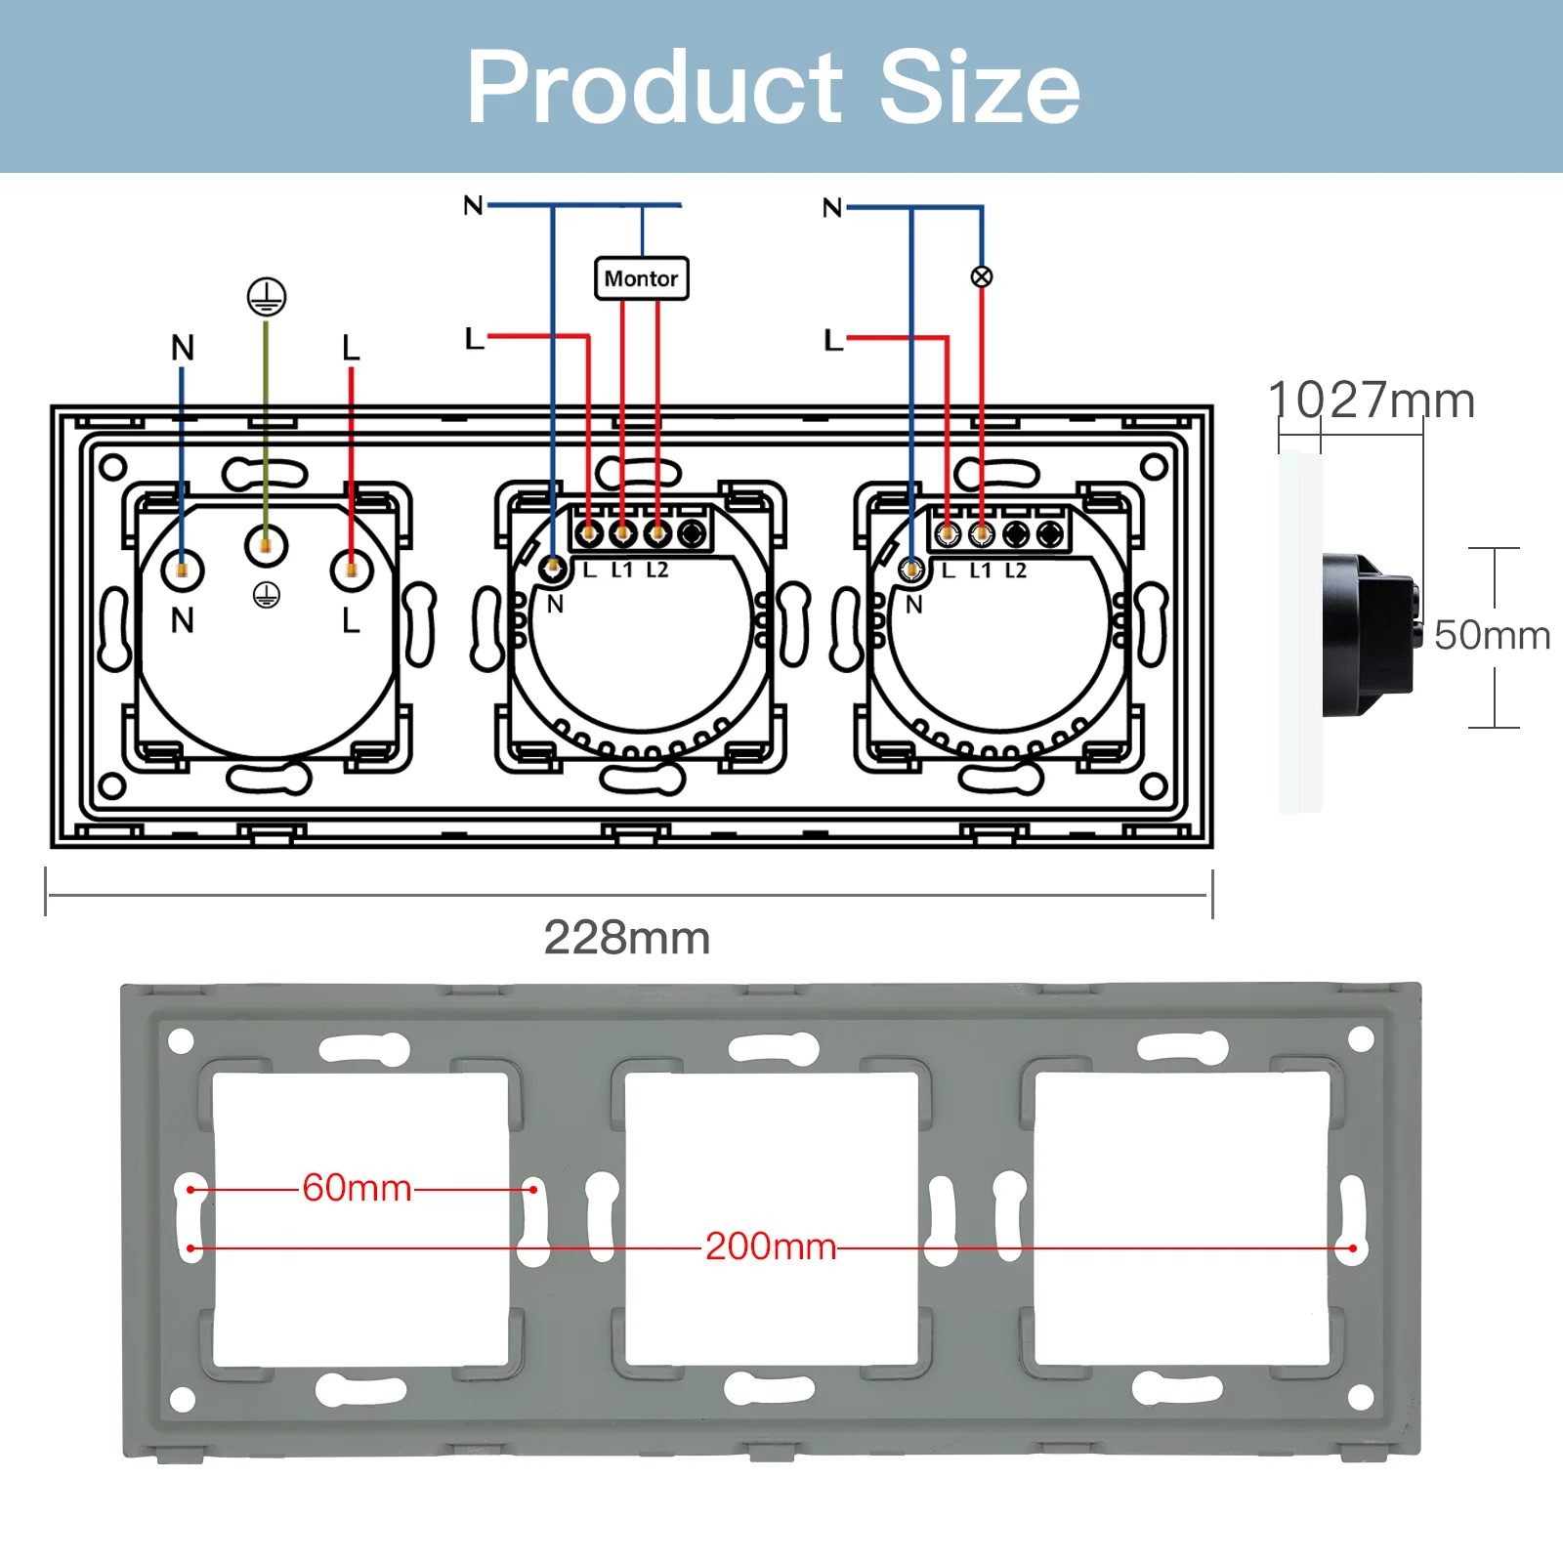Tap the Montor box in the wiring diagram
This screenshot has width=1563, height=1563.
pyautogui.click(x=642, y=278)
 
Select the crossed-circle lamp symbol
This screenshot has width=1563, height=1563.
pyautogui.click(x=982, y=276)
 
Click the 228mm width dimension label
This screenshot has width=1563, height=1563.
pyautogui.click(x=627, y=938)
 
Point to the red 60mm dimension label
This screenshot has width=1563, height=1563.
pyautogui.click(x=358, y=1188)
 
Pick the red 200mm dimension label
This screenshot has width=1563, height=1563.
pyautogui.click(x=771, y=1246)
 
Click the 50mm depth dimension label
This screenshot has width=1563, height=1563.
pyautogui.click(x=1492, y=635)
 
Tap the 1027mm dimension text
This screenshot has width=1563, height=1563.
pyautogui.click(x=1372, y=401)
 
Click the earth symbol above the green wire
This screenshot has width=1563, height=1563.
pyautogui.click(x=267, y=296)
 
